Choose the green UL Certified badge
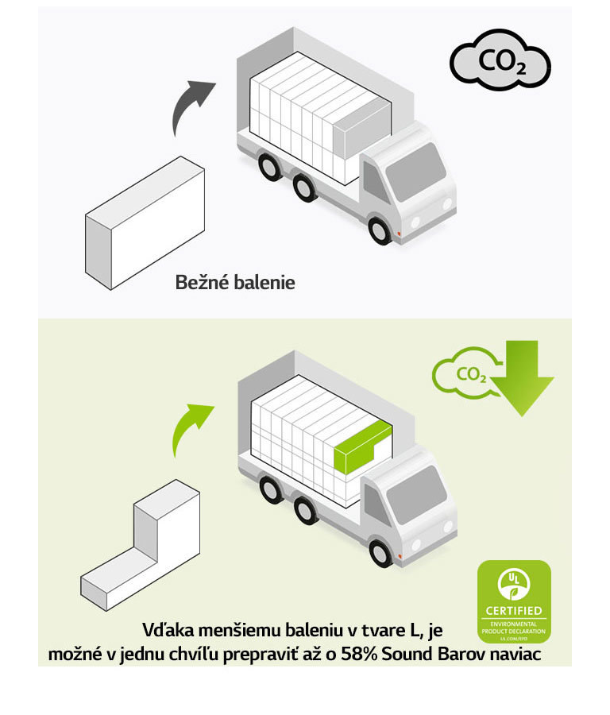[513, 601]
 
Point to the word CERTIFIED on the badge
[513, 611]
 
